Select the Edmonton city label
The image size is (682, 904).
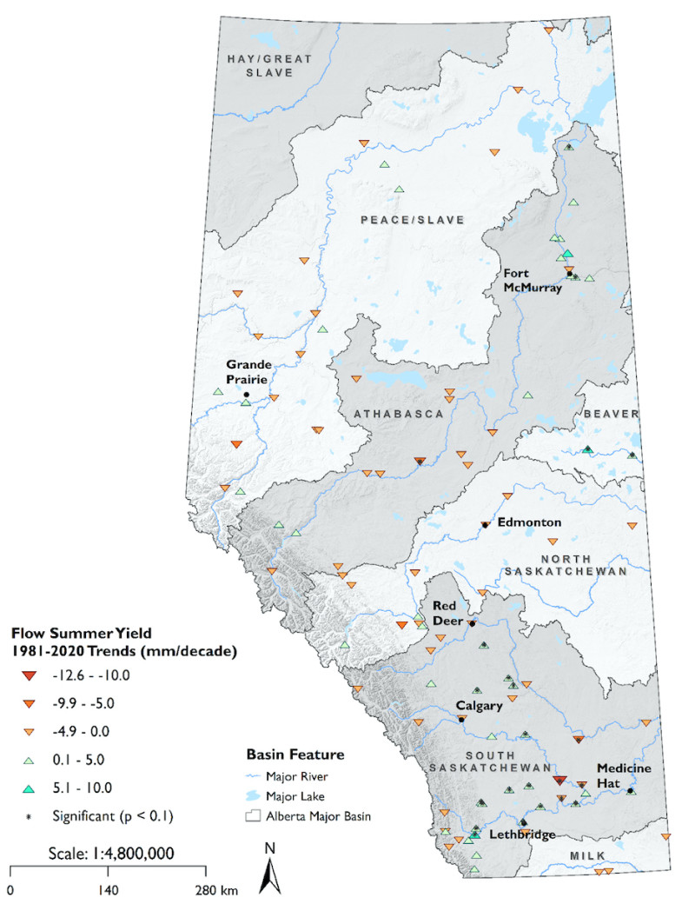[528, 522]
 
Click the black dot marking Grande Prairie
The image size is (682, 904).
[246, 395]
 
